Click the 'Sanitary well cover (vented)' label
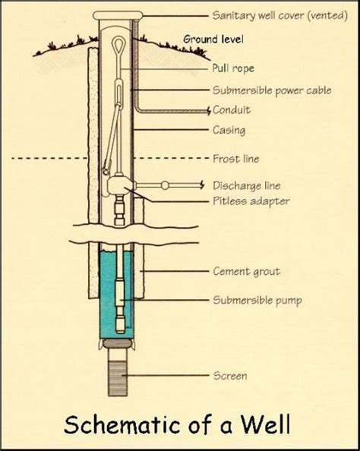pos(280,15)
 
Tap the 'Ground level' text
pos(213,39)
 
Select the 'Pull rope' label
pos(233,68)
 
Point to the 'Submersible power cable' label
pos(272,90)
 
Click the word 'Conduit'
pos(232,110)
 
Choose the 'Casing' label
pos(229,130)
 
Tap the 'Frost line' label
pos(236,159)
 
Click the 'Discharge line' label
pos(247,185)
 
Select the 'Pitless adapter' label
pos(251,200)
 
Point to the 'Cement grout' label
pos(247,271)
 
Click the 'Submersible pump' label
pos(257,300)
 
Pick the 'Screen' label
pos(230,376)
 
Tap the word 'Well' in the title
pos(266,424)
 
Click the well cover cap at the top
pos(118,15)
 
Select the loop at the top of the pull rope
pos(118,44)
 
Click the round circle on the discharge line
pos(165,185)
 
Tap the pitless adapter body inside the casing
pos(118,186)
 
